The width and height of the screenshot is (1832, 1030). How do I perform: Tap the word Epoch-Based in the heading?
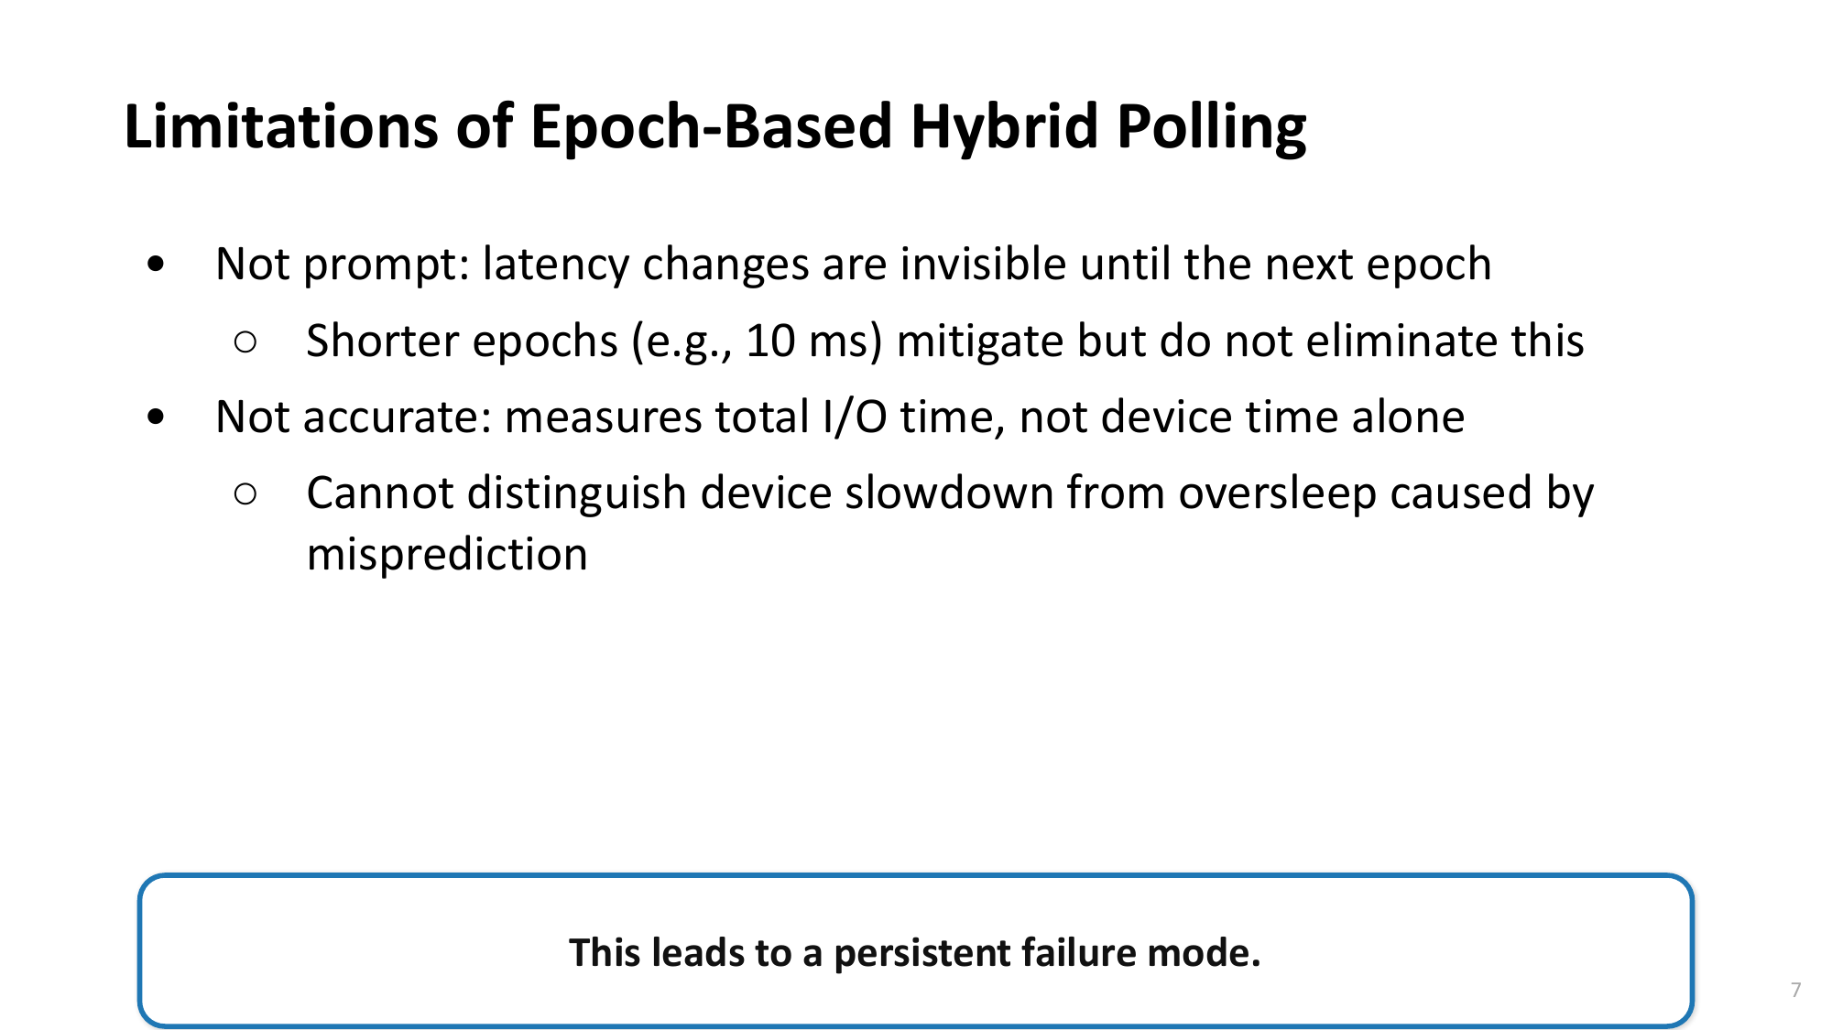(x=711, y=127)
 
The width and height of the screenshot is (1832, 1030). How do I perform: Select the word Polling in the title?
(x=1211, y=127)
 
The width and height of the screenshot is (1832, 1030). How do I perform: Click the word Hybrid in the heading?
(x=1004, y=127)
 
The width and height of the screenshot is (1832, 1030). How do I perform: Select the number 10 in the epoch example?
(x=770, y=341)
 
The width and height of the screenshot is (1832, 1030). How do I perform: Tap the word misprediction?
(x=447, y=555)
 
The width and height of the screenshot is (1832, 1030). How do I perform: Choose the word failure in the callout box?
(x=1078, y=953)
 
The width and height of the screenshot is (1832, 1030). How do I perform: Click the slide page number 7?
(x=1795, y=990)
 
